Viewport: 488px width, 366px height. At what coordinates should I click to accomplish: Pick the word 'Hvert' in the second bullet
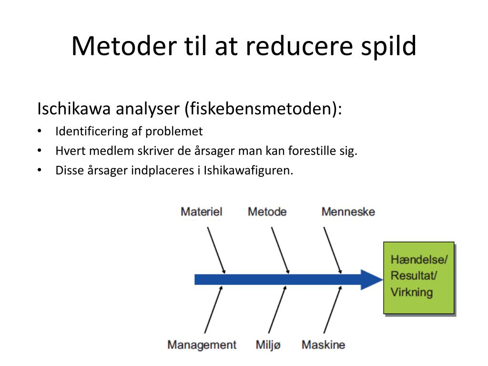point(69,151)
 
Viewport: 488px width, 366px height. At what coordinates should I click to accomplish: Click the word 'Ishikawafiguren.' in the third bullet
point(248,170)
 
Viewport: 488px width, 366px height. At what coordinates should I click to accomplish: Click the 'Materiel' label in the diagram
point(201,212)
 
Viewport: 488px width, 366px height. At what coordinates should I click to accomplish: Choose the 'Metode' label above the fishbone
point(267,212)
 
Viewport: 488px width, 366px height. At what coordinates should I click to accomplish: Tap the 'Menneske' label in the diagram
point(348,212)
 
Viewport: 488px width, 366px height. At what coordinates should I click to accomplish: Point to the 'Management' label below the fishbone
point(202,345)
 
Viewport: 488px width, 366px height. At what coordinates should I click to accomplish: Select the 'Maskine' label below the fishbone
point(323,345)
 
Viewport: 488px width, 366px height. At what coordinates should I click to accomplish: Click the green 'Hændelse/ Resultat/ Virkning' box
point(418,278)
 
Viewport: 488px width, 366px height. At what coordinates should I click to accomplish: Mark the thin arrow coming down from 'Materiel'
point(215,250)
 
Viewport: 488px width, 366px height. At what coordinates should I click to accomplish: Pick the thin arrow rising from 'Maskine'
point(333,310)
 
